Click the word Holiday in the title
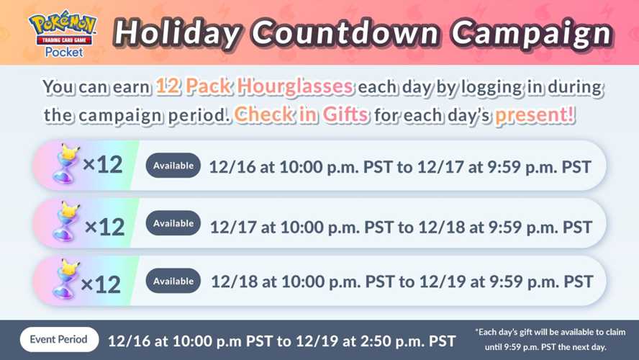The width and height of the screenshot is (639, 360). click(x=177, y=33)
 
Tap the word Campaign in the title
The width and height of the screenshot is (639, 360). click(x=532, y=33)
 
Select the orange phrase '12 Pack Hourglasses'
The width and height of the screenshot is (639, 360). click(x=254, y=86)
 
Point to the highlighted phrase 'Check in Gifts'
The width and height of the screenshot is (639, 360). click(x=302, y=114)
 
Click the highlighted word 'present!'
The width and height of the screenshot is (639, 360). click(x=535, y=115)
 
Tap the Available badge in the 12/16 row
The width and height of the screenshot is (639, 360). click(x=173, y=166)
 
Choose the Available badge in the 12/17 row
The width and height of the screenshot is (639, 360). click(x=173, y=223)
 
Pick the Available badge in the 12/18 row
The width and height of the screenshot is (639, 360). click(x=173, y=281)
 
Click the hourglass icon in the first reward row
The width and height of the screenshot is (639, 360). click(x=65, y=163)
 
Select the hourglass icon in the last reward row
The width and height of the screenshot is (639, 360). click(x=65, y=279)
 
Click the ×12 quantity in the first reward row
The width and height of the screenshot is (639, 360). click(x=103, y=165)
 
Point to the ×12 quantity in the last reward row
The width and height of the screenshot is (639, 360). click(x=101, y=284)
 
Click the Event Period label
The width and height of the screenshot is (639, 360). click(x=59, y=339)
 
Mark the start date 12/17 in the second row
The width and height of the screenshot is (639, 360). click(x=233, y=227)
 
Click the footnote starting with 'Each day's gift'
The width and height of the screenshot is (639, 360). click(x=550, y=340)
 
